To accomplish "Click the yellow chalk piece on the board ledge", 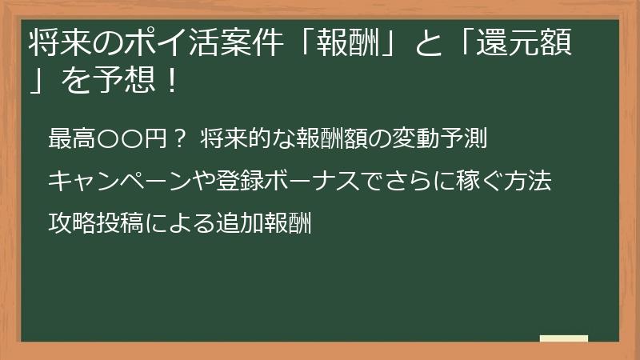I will click(x=563, y=339).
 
